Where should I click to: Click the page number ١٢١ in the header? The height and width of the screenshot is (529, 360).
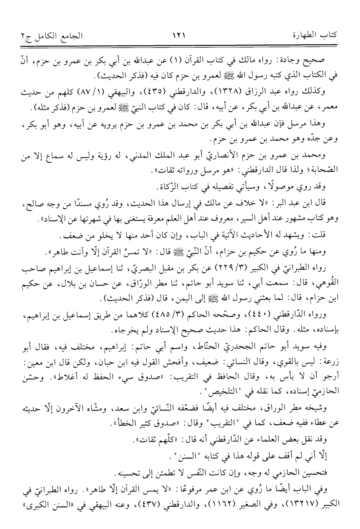pyautogui.click(x=179, y=35)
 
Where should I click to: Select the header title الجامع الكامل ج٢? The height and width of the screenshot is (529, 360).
pyautogui.click(x=45, y=35)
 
